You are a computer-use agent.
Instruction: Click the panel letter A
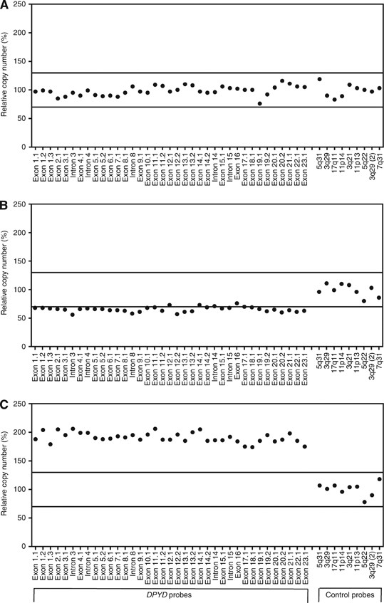(x=4, y=5)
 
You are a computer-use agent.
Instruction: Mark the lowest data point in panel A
(x=260, y=103)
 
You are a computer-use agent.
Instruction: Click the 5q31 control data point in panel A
(x=319, y=79)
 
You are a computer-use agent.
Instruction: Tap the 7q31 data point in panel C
(x=380, y=479)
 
